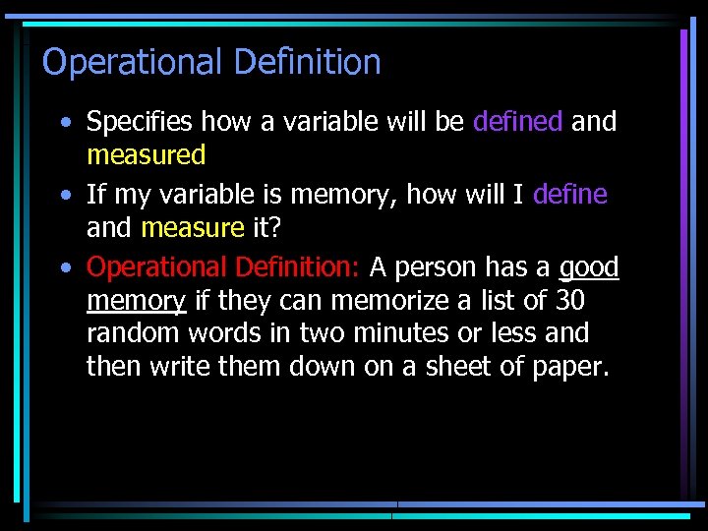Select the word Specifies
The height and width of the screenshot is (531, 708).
140,123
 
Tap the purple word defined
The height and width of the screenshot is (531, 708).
517,122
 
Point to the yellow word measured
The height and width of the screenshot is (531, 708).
146,155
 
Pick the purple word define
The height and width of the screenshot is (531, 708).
569,195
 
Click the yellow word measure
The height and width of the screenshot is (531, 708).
192,228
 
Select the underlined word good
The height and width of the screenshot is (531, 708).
588,268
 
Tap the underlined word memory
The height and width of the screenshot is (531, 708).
136,301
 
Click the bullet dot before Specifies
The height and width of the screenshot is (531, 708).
65,123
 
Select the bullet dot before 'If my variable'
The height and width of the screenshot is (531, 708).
65,196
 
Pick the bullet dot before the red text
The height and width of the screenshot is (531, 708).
65,267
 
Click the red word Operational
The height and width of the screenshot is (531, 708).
156,267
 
